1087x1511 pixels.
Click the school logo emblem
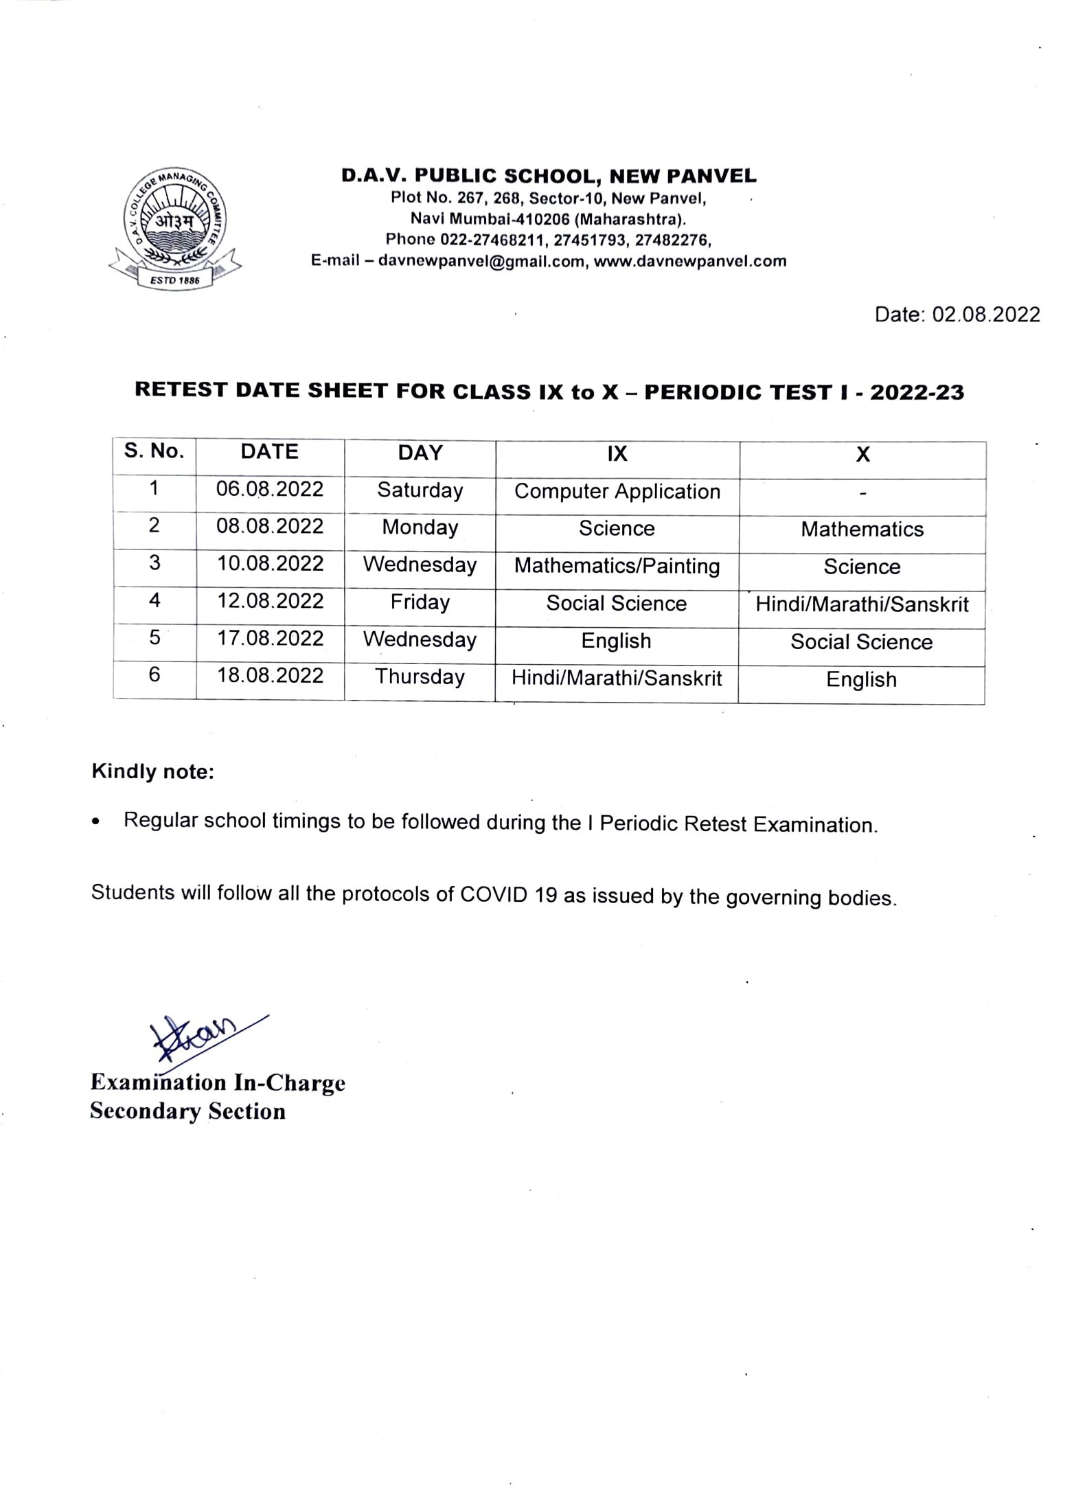(x=174, y=227)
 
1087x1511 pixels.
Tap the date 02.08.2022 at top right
(x=985, y=315)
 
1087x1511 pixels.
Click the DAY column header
(x=420, y=453)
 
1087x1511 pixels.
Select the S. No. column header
(x=155, y=451)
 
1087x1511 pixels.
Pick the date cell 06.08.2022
(x=270, y=489)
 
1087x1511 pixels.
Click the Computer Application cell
(x=617, y=491)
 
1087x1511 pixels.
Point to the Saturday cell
(x=420, y=490)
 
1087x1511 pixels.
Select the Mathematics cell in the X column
(x=862, y=529)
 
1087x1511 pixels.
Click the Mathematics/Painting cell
(x=617, y=566)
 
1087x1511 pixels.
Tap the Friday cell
(x=420, y=602)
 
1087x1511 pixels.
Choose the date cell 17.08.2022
(x=270, y=639)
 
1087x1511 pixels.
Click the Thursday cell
(x=420, y=677)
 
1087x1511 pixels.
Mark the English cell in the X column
(x=861, y=680)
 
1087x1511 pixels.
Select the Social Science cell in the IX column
(x=617, y=604)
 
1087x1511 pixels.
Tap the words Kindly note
(x=153, y=772)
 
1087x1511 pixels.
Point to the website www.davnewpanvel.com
(x=690, y=261)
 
